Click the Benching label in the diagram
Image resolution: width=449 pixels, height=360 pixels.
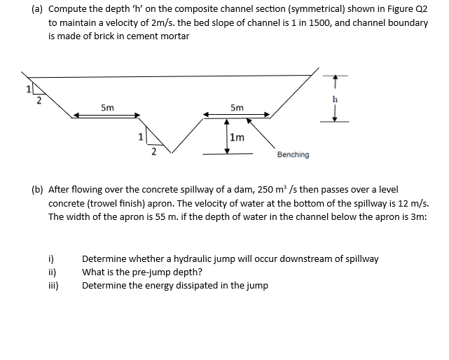click(293, 154)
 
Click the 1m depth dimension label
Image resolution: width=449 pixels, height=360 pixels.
click(237, 137)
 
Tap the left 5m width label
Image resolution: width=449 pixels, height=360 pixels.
click(108, 108)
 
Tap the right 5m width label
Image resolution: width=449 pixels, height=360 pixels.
click(237, 108)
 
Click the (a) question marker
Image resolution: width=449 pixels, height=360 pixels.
click(38, 11)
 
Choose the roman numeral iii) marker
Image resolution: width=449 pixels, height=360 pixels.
click(53, 285)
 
